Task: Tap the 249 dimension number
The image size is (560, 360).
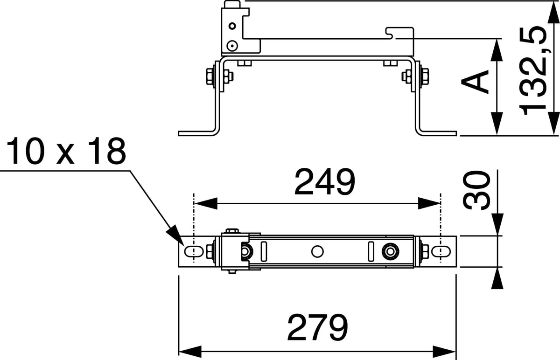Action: pyautogui.click(x=325, y=182)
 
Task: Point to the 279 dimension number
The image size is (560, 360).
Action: pyautogui.click(x=318, y=327)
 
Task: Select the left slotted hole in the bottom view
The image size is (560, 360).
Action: pyautogui.click(x=194, y=251)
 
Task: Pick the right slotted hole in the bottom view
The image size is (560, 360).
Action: pyautogui.click(x=441, y=251)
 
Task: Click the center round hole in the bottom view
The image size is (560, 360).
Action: pyautogui.click(x=317, y=251)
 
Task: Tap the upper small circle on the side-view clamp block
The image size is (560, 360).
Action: pyautogui.click(x=232, y=26)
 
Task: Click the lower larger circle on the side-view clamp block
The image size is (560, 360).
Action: pyautogui.click(x=232, y=46)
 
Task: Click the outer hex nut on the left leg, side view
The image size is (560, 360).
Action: pyautogui.click(x=210, y=76)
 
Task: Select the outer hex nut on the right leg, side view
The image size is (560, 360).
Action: pyautogui.click(x=425, y=76)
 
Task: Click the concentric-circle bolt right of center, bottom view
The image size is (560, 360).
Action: pyautogui.click(x=390, y=251)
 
